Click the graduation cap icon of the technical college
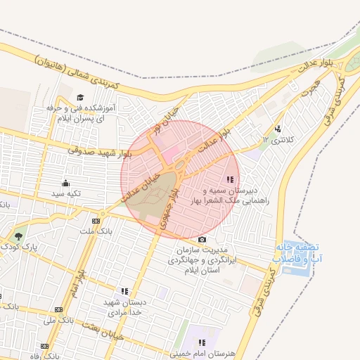(x=79, y=98)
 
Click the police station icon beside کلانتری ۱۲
(x=278, y=128)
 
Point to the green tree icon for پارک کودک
(x=18, y=237)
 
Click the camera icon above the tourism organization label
(x=202, y=239)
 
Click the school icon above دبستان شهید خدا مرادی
(x=125, y=290)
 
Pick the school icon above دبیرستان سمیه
(x=231, y=180)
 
